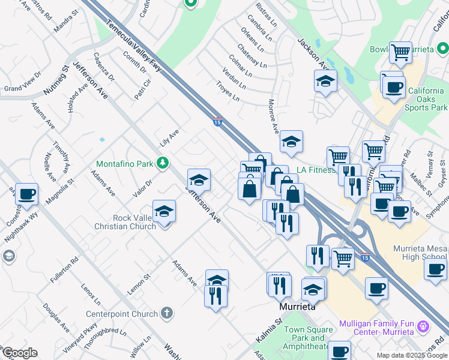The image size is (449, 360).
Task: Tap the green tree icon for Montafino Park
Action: (162, 163)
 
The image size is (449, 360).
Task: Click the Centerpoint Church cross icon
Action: (167, 313)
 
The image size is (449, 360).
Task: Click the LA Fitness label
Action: (315, 170)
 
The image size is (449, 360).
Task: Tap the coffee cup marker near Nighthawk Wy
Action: (26, 194)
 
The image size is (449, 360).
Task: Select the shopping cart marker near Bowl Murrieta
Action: (400, 52)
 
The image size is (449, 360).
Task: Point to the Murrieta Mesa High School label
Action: (421, 253)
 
